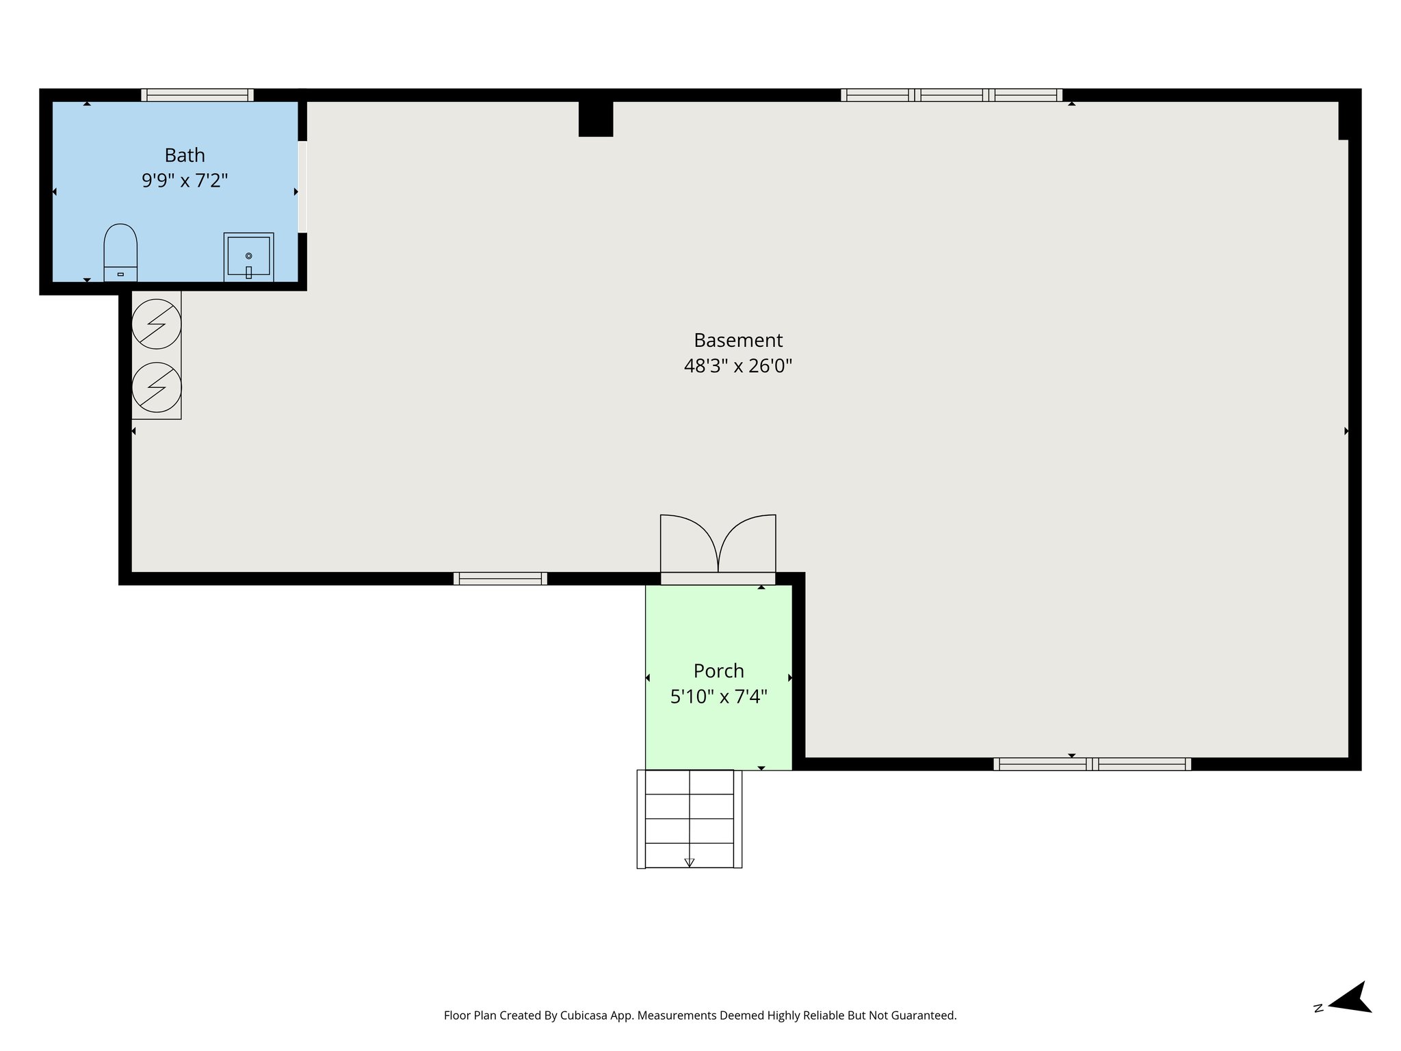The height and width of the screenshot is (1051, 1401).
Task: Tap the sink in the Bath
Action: [x=248, y=257]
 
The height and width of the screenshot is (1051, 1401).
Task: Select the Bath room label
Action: [x=185, y=155]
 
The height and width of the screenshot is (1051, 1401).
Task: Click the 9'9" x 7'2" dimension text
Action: [x=185, y=181]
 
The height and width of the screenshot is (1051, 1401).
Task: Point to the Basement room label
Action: [x=737, y=340]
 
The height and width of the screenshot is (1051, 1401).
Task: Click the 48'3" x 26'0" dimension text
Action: [x=737, y=366]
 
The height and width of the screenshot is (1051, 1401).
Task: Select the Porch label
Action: [x=718, y=671]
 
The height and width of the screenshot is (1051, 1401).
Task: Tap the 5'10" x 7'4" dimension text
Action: [x=718, y=697]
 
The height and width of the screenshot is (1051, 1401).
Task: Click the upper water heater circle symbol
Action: [x=157, y=324]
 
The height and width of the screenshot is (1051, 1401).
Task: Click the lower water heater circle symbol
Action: [x=157, y=387]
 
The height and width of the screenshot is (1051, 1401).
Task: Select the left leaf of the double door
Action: [x=688, y=544]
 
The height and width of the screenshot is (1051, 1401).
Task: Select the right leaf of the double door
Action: [x=748, y=544]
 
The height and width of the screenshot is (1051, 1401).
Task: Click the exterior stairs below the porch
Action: [x=690, y=818]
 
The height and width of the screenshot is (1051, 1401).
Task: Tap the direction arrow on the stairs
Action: [x=690, y=862]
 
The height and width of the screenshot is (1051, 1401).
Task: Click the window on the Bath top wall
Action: [x=197, y=95]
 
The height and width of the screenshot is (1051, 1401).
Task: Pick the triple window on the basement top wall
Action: [x=951, y=95]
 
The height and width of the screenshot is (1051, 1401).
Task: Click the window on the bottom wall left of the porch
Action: [x=500, y=579]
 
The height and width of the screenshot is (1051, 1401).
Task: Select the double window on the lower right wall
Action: [x=1092, y=764]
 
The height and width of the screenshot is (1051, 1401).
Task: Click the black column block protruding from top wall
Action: [x=596, y=118]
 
